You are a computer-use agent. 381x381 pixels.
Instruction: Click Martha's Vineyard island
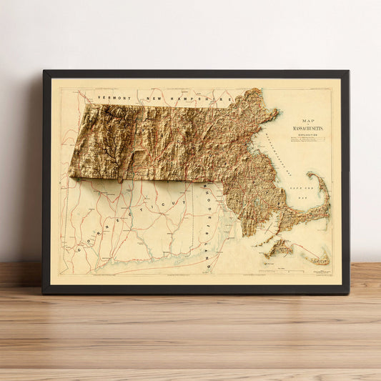[x=279, y=247]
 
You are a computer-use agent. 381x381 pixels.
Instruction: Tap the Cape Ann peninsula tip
[x=277, y=112]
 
